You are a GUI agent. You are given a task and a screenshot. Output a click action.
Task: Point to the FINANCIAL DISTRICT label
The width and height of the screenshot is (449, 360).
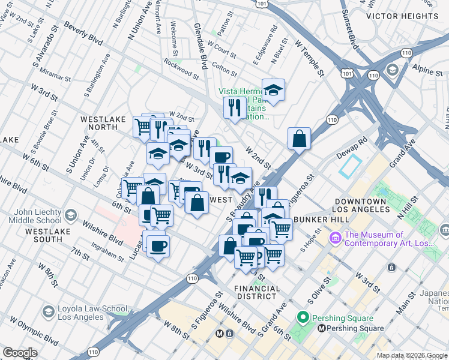[258, 292]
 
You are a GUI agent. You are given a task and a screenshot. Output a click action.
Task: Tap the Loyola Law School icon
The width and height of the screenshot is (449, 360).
[49, 311]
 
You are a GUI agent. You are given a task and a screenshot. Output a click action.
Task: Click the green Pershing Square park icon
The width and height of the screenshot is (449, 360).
[304, 317]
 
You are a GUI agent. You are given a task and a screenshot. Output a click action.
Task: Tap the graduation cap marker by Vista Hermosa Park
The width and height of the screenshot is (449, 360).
[273, 90]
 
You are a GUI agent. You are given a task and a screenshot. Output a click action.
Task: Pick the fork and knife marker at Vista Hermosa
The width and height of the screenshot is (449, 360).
[233, 108]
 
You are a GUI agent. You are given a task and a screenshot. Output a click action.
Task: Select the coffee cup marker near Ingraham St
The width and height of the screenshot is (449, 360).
[158, 245]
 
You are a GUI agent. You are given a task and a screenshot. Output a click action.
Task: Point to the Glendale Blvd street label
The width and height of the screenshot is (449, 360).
[200, 43]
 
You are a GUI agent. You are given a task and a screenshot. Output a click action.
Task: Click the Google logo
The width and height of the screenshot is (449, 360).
[20, 353]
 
